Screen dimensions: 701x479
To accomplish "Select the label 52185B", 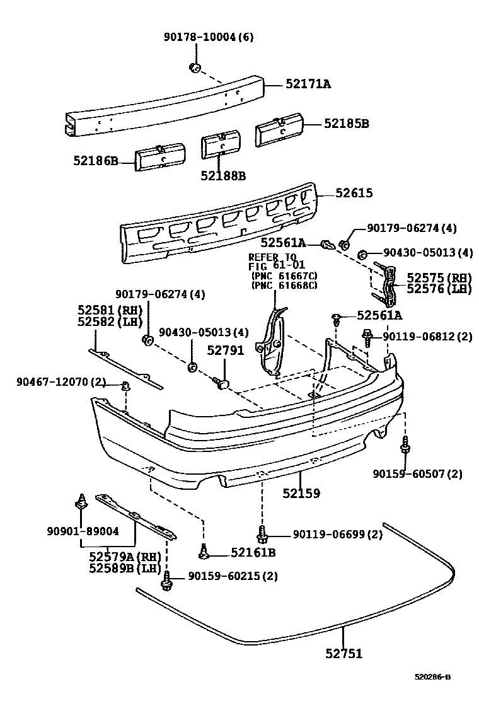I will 346,124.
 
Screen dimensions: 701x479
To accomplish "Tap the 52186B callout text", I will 95,161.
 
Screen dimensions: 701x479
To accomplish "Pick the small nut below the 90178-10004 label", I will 194,67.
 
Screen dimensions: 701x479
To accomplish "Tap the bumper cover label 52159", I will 301,494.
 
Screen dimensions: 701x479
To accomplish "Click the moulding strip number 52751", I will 343,654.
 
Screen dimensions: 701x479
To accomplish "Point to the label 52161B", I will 253,553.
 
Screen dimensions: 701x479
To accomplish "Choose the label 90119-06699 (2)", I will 337,535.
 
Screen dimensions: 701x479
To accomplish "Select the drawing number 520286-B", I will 432,678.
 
